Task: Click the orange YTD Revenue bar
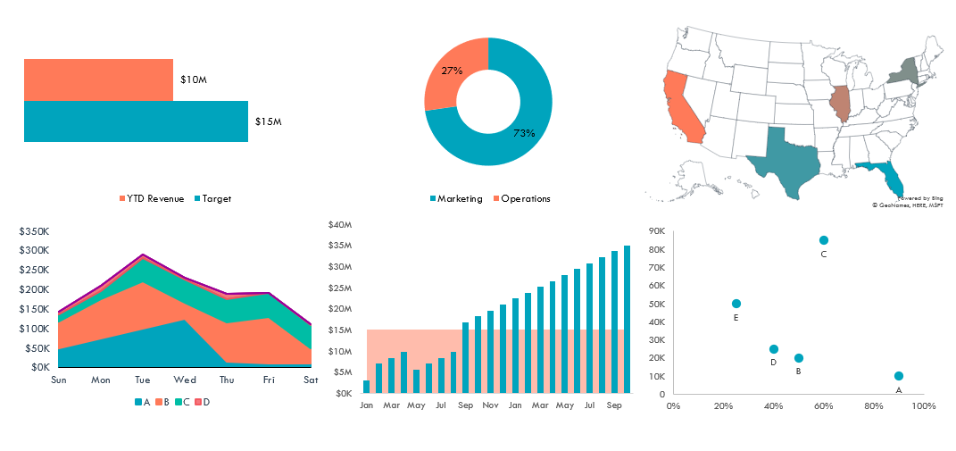(x=98, y=79)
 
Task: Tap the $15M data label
(x=269, y=121)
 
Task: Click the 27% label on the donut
(x=452, y=71)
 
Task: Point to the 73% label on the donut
(x=524, y=133)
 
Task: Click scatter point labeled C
(x=824, y=240)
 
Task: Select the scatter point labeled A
(x=899, y=376)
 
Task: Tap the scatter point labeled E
(x=736, y=304)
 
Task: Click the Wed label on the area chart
(x=185, y=380)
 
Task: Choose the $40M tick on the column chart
(x=341, y=224)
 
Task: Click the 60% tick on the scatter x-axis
(x=823, y=406)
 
